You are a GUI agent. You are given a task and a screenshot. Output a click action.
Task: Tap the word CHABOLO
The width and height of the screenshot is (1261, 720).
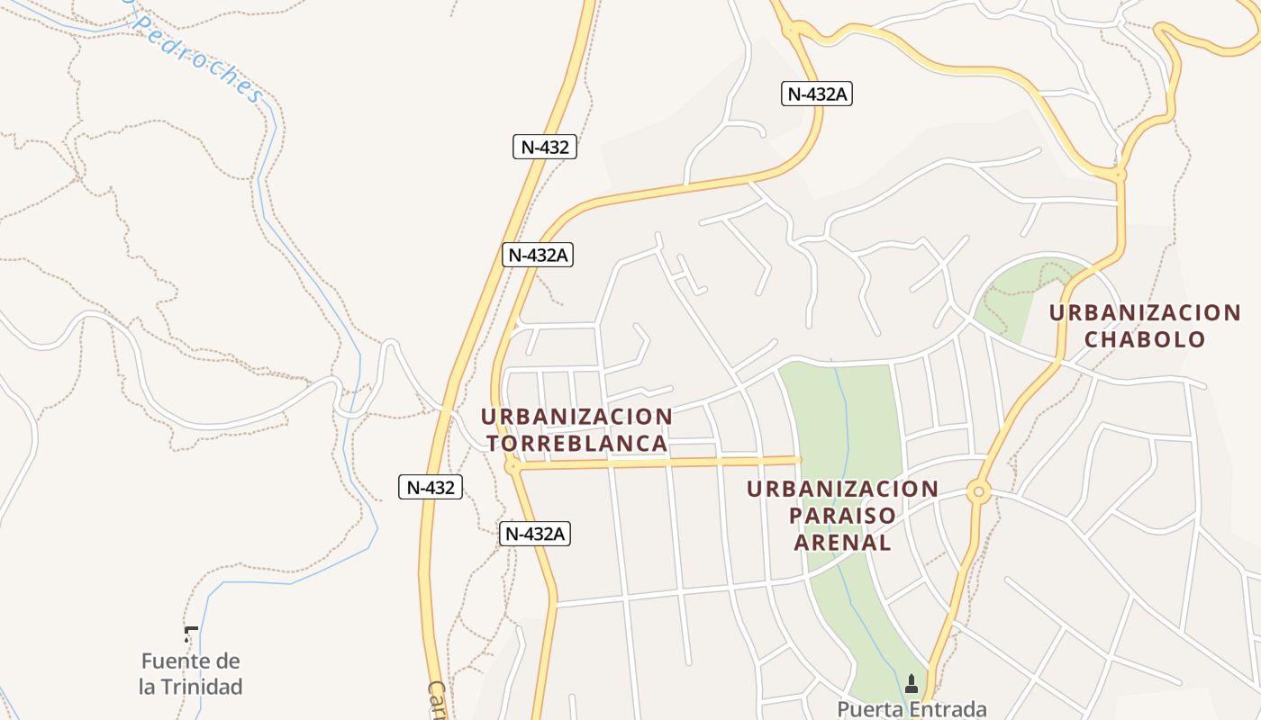coord(1145,339)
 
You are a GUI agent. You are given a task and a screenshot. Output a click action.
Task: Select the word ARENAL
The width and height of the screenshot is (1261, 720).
coord(842,543)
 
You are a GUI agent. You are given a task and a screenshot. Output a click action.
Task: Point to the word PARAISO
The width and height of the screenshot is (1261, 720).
coord(842,516)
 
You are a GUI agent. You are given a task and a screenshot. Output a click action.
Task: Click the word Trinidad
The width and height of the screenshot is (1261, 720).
coord(202,687)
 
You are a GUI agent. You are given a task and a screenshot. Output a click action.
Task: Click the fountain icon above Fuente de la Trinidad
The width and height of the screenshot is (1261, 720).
coord(190,634)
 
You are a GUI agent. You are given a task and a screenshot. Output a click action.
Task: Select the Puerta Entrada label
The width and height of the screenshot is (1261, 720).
coord(912,709)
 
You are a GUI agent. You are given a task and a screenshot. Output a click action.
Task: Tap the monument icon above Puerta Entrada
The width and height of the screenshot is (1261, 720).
coord(911,684)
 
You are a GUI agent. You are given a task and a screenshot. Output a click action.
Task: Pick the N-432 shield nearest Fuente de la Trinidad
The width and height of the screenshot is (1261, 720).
coord(431,488)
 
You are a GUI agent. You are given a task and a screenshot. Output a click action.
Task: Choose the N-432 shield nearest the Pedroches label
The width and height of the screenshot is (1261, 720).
coord(544,148)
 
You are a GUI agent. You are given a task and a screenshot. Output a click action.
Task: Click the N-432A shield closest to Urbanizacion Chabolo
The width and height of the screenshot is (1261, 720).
coord(818,94)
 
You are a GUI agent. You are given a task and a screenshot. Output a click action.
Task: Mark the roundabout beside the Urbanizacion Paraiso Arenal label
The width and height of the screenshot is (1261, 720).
coord(978,492)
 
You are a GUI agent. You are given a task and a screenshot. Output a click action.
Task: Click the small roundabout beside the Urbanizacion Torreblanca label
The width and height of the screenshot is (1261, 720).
coord(513,466)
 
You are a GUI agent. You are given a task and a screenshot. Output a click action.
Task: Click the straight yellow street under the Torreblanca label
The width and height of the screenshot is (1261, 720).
coord(658,463)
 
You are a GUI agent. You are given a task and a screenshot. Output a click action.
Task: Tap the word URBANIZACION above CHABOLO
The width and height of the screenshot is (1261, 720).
coord(1145,313)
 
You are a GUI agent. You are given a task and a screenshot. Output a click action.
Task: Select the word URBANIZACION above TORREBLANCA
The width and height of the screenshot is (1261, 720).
coord(576,418)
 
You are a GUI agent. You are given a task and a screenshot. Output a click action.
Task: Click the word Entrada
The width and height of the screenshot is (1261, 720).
coord(949,709)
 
